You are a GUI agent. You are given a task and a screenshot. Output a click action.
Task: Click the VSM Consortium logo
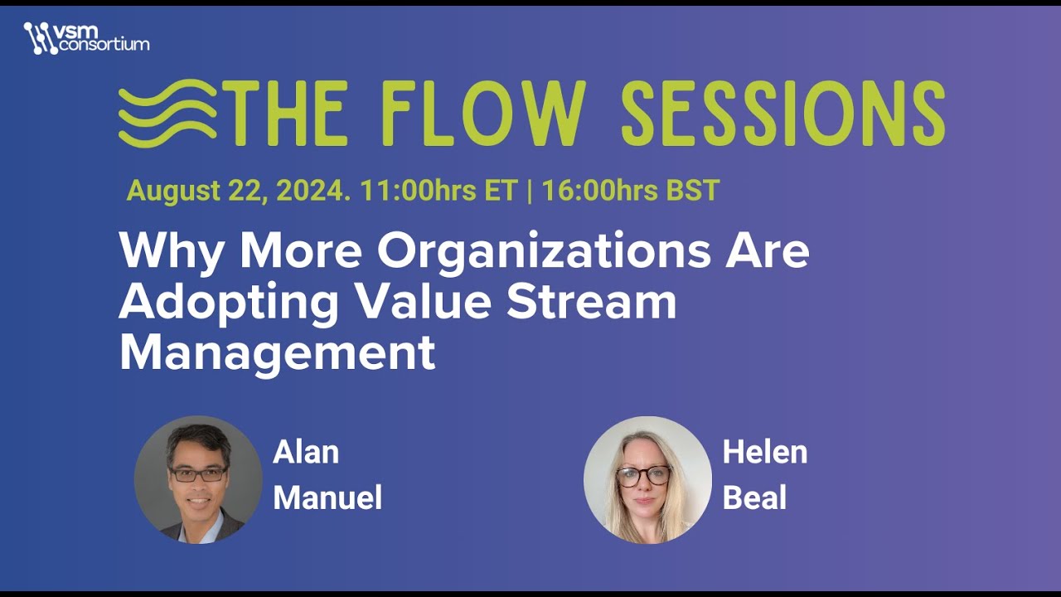pyautogui.click(x=86, y=38)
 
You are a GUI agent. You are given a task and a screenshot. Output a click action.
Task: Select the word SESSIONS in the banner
pyautogui.click(x=782, y=114)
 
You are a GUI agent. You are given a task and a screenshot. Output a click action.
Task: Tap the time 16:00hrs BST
pyautogui.click(x=630, y=191)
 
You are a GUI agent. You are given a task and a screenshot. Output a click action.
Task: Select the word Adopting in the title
pyautogui.click(x=229, y=303)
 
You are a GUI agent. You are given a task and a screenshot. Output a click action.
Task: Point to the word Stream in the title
pyautogui.click(x=591, y=303)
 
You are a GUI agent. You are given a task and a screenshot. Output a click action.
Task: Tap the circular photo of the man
pyautogui.click(x=198, y=479)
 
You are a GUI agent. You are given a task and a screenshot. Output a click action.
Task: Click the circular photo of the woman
pyautogui.click(x=647, y=479)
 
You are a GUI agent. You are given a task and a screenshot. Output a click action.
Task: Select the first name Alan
pyautogui.click(x=306, y=453)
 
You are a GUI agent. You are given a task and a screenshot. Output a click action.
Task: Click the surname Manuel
pyautogui.click(x=327, y=498)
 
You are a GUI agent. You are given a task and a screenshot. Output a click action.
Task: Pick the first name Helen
pyautogui.click(x=764, y=453)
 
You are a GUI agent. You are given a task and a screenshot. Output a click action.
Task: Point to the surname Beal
pyautogui.click(x=754, y=498)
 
